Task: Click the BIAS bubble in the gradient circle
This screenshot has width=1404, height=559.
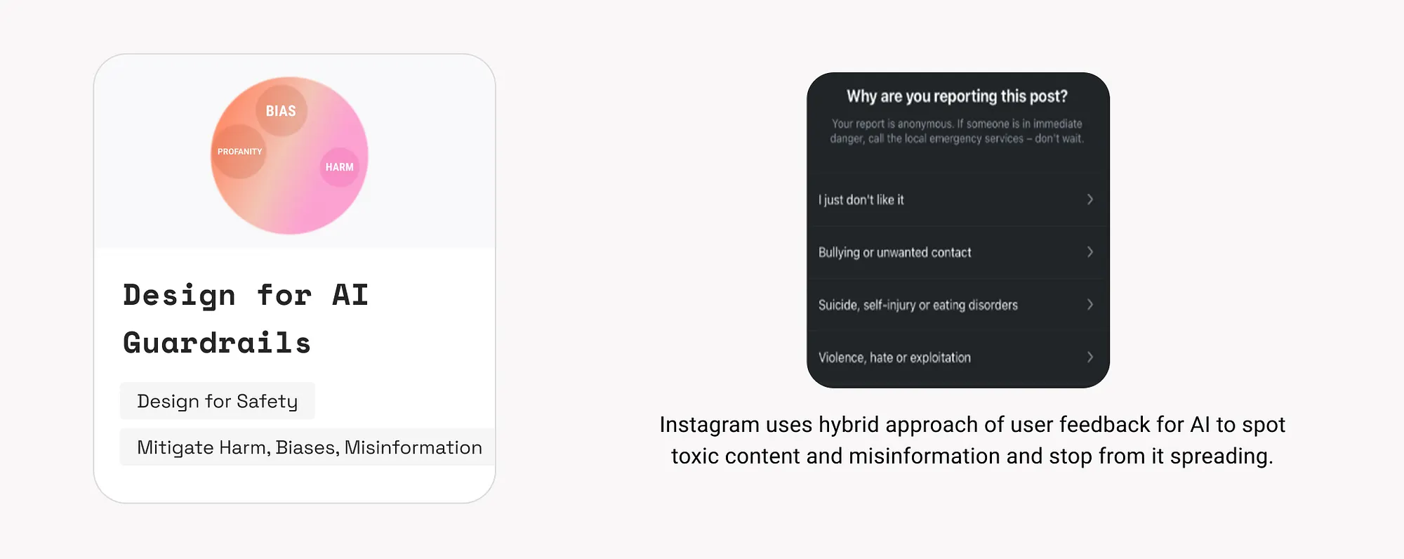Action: tap(281, 111)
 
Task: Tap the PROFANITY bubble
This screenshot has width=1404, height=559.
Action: tap(239, 152)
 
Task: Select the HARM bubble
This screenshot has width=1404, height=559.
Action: tap(340, 167)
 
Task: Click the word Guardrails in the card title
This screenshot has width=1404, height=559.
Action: tap(217, 343)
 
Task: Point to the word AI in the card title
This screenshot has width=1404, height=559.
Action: tap(350, 295)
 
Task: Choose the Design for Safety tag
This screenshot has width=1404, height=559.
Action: tap(218, 401)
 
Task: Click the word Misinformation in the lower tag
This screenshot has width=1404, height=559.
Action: tap(413, 447)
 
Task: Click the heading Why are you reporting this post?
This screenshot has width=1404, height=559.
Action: tap(957, 96)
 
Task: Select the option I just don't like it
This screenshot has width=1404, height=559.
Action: tap(861, 200)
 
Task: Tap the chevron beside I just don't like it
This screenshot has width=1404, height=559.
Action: tap(1090, 199)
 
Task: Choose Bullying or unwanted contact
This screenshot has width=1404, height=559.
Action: tap(895, 252)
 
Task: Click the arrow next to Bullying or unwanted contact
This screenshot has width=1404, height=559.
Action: tap(1090, 251)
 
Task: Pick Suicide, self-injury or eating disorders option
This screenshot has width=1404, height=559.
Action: tap(918, 305)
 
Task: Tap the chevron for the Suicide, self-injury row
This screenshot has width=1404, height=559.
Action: tap(1090, 304)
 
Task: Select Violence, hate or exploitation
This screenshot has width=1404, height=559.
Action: tap(894, 357)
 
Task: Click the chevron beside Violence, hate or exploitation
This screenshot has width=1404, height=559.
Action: tap(1090, 357)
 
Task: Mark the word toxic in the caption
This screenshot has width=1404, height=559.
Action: tap(695, 456)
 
